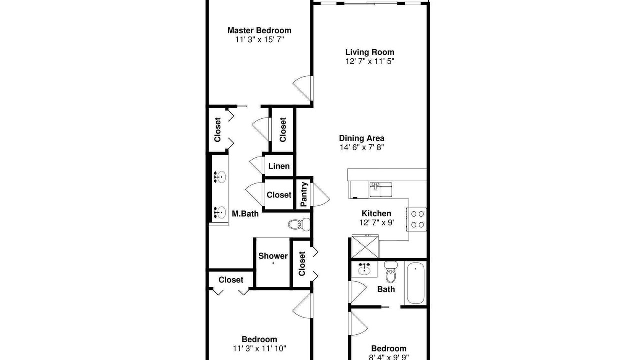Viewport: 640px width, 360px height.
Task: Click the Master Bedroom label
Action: tap(259, 30)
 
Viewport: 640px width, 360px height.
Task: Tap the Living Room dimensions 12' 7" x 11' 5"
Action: tap(370, 61)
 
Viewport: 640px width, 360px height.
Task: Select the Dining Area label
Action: tap(361, 138)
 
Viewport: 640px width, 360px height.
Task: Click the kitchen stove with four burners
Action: tap(417, 219)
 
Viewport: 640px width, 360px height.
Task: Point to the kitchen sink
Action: tap(381, 189)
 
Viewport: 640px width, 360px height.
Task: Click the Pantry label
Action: tap(304, 194)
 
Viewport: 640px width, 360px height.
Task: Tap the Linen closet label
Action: tap(279, 166)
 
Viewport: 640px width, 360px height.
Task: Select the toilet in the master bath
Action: tap(299, 224)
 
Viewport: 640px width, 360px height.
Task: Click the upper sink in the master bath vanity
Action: tap(220, 177)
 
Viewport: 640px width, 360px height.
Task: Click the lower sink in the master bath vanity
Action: tap(220, 212)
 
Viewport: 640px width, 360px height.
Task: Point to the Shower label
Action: tap(273, 256)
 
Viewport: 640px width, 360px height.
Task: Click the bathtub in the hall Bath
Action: tap(415, 283)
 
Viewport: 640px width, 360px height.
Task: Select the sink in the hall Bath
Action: tap(364, 269)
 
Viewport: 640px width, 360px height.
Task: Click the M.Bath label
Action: tap(245, 214)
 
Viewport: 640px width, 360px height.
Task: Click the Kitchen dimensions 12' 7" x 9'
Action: tap(377, 223)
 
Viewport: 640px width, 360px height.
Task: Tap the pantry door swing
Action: tap(321, 195)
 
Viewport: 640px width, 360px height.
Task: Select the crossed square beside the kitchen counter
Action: tap(365, 246)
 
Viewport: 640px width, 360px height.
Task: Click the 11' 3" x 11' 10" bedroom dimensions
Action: tap(259, 349)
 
